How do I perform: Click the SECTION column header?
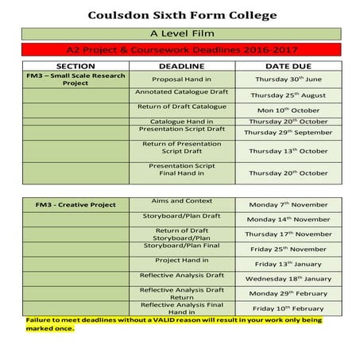click(x=76, y=65)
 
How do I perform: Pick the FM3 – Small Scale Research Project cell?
click(x=76, y=79)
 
